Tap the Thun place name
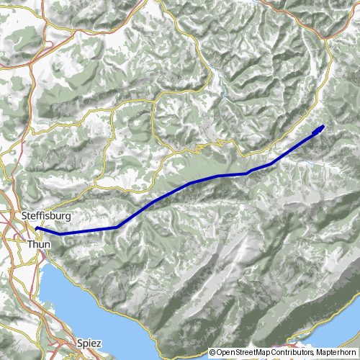pyautogui.click(x=39, y=246)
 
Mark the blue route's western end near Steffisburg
pyautogui.click(x=36, y=229)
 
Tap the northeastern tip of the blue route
pyautogui.click(x=323, y=126)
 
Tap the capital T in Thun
pyautogui.click(x=30, y=246)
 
